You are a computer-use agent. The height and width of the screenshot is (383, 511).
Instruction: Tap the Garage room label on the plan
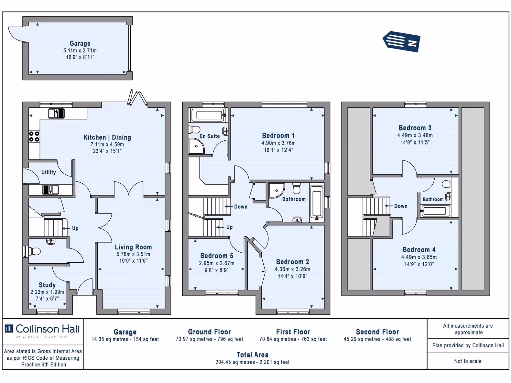coord(80,44)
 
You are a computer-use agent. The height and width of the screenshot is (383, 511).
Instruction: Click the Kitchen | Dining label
coord(107,138)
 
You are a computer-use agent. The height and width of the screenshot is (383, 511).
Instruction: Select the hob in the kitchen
coord(34,136)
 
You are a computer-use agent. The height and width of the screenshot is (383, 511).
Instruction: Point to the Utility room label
coord(49,173)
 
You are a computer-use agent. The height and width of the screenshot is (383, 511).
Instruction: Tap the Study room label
coord(47,285)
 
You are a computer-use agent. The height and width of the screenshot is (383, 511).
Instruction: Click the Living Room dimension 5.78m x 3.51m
coord(133,254)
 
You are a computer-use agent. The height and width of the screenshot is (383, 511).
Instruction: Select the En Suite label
coord(209,136)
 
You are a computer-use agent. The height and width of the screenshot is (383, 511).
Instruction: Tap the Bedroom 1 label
coord(279,135)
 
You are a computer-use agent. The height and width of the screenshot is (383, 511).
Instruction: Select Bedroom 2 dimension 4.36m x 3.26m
coord(292,269)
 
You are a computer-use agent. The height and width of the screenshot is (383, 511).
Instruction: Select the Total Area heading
coord(252,355)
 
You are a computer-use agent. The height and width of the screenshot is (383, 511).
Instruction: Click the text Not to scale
coord(468,361)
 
